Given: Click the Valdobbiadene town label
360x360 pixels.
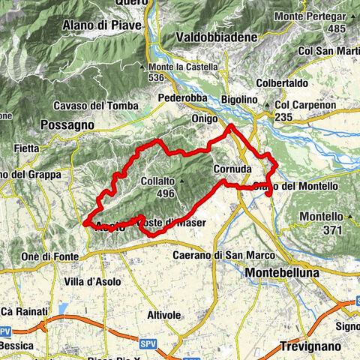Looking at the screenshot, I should click(x=216, y=37).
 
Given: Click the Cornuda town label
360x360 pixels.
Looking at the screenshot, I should click(x=230, y=169).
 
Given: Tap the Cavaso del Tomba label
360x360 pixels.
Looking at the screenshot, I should click(x=104, y=104).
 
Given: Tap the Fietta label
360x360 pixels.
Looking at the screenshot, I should click(x=25, y=149).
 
